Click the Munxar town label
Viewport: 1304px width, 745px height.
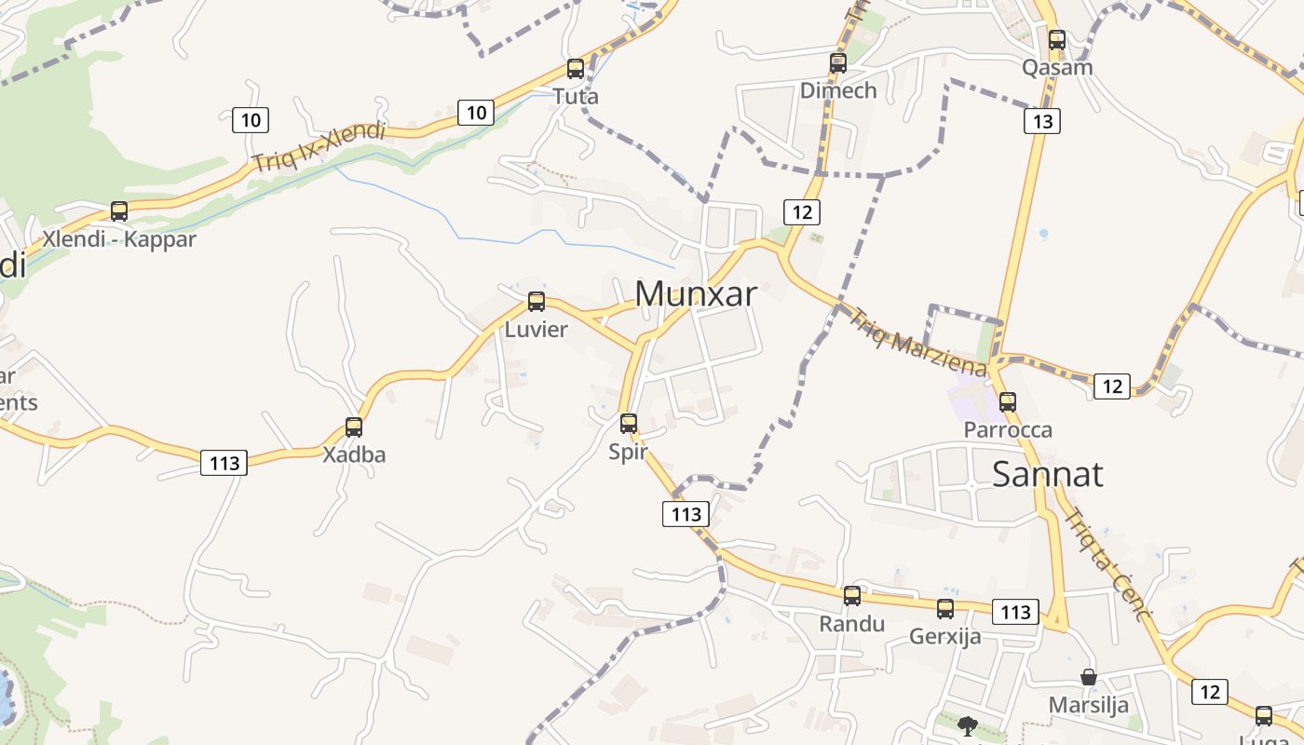point(696,293)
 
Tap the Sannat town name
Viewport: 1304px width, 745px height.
point(1047,474)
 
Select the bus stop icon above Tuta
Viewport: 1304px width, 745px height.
point(576,69)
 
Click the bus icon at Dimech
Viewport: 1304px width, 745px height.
point(838,63)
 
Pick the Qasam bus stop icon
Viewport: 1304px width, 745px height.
point(1057,40)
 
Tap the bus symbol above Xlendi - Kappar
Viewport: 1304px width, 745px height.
point(119,211)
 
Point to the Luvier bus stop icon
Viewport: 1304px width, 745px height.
point(537,302)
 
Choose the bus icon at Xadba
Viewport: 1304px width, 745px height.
point(354,427)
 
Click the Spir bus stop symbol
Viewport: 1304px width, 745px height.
point(629,424)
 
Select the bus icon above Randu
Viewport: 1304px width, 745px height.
point(852,596)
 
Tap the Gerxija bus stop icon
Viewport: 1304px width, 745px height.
point(945,609)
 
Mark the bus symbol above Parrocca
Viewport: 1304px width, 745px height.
point(1008,402)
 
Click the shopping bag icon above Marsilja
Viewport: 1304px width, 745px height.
point(1088,677)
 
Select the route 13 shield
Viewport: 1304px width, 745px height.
point(1042,121)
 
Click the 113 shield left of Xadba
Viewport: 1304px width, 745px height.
point(224,463)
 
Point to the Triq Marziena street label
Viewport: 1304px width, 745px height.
point(917,343)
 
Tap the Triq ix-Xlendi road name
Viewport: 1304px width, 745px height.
point(318,147)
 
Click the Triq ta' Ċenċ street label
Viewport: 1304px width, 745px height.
point(1108,565)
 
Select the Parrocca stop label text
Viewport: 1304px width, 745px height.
point(1008,430)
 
